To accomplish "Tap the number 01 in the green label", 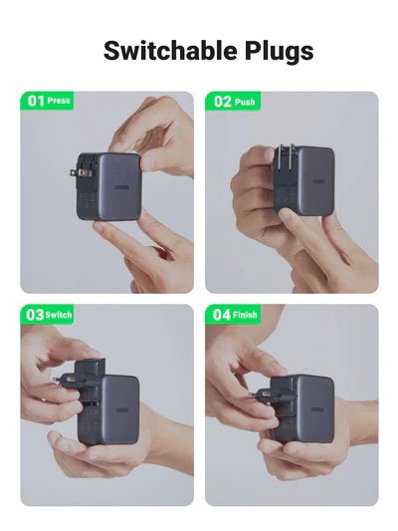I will [36, 101].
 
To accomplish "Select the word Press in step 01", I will [59, 101].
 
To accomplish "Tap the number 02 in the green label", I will [222, 102].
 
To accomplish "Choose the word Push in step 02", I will [245, 102].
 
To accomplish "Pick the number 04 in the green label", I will [222, 314].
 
